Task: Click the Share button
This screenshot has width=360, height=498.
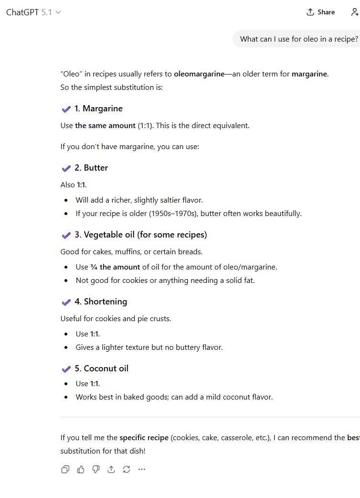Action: (x=321, y=12)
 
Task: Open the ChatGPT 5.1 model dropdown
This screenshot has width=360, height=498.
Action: (x=33, y=12)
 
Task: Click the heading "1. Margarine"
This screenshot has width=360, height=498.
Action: (x=98, y=108)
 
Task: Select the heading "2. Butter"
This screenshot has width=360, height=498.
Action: (x=91, y=168)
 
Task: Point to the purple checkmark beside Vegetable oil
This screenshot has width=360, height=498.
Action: (x=66, y=235)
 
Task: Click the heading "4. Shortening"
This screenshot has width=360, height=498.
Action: (x=101, y=302)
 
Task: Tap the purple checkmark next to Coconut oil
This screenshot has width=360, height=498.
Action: (x=66, y=369)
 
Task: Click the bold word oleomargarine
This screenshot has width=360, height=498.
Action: (x=199, y=74)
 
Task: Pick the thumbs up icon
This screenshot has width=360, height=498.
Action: (x=81, y=469)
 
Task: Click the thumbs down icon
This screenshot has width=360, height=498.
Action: (x=96, y=469)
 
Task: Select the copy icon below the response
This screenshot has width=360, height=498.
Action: (x=65, y=469)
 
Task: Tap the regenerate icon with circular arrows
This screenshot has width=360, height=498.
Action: (x=127, y=469)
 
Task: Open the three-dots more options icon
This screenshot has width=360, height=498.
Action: (x=142, y=469)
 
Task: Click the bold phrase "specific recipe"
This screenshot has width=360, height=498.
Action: (x=144, y=437)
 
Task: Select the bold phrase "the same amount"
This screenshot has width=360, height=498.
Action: (x=105, y=126)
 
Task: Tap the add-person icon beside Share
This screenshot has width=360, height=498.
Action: (x=354, y=12)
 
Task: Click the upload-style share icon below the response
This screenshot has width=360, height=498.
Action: (x=111, y=469)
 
